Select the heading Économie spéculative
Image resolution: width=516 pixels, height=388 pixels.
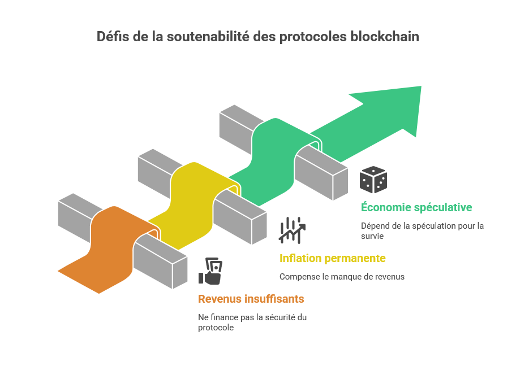pyautogui.click(x=416, y=207)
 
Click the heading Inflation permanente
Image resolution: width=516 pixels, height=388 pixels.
pyautogui.click(x=333, y=259)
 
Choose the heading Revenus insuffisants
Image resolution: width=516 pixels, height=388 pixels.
pyautogui.click(x=251, y=299)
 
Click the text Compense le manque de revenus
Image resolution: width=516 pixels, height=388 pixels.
pyautogui.click(x=342, y=277)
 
